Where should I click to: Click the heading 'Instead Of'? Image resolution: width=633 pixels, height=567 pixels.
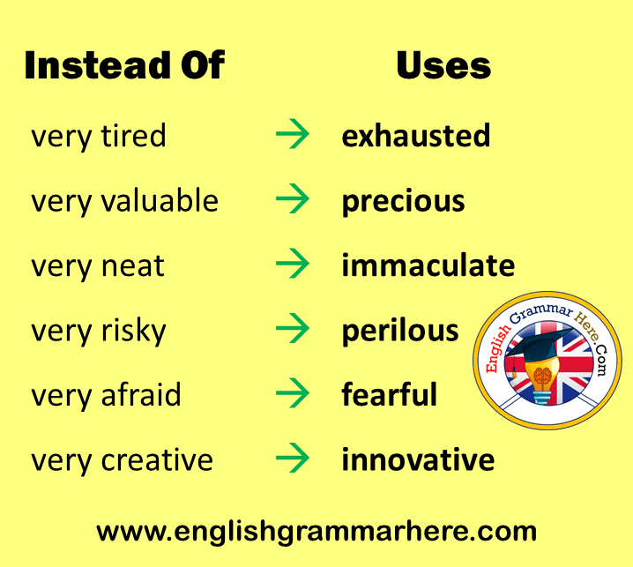124,65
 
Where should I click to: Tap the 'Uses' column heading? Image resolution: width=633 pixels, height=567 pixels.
443,65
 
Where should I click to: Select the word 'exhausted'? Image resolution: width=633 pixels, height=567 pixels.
416,135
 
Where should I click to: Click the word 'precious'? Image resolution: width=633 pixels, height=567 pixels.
403,201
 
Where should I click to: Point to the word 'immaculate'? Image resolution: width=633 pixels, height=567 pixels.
428,265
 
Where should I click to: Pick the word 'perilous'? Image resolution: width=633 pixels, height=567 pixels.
400,331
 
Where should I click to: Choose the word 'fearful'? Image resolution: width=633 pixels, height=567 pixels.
389,394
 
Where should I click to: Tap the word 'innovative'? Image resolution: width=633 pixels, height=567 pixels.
418,459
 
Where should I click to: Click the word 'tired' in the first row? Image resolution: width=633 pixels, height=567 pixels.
133,135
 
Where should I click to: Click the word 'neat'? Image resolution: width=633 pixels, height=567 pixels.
132,265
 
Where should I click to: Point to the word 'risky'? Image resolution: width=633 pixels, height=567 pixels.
133,332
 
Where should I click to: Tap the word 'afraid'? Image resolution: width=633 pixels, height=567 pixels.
141,394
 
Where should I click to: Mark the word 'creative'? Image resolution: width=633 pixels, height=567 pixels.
157,459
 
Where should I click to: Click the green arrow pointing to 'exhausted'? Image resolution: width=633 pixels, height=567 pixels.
293,134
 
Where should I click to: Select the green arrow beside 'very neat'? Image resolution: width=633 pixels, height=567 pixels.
293,264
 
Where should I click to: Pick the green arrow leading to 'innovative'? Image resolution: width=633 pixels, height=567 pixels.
293,458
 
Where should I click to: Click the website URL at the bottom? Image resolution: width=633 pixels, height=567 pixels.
316,532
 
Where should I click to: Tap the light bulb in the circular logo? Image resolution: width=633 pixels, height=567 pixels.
542,376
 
